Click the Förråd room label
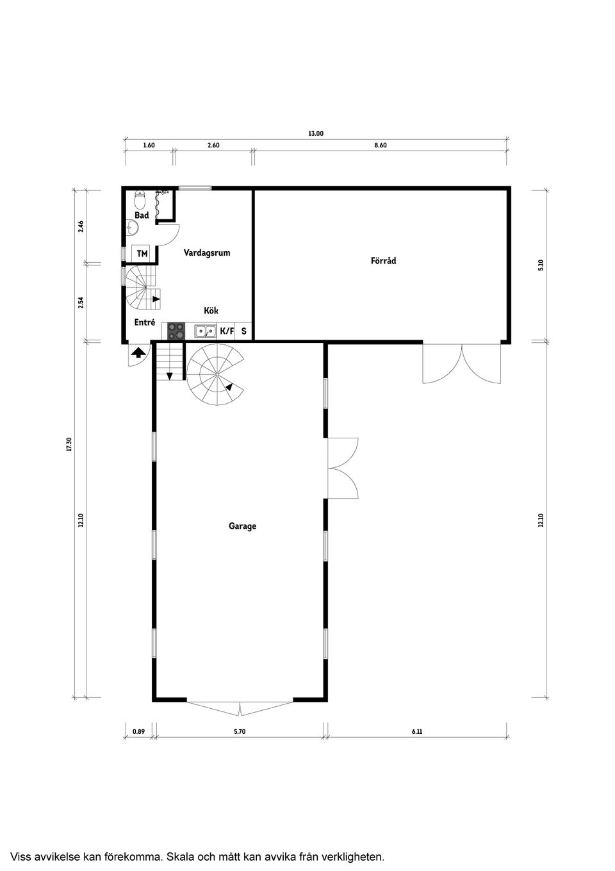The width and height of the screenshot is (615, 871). coord(383,260)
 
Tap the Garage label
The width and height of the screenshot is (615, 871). coord(242,526)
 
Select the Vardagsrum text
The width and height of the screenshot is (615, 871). coord(207,253)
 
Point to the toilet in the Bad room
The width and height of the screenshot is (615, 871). coord(140,200)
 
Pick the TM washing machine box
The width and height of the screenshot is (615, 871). coord(142,254)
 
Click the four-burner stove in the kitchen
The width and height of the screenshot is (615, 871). coord(176,331)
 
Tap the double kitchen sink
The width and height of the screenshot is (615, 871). coord(205,331)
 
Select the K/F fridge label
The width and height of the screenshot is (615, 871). coord(227,331)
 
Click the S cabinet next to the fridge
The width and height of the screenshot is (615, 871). coord(243,331)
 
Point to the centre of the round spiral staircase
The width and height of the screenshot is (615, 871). coord(217,374)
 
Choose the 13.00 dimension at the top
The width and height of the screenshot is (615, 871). coord(316,134)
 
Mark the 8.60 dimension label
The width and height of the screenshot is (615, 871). coord(381,145)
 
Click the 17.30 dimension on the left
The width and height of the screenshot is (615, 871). coord(69,444)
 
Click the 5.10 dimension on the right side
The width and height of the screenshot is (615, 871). coord(541,265)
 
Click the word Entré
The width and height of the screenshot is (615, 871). coord(145,322)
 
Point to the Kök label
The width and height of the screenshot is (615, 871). coord(211,310)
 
